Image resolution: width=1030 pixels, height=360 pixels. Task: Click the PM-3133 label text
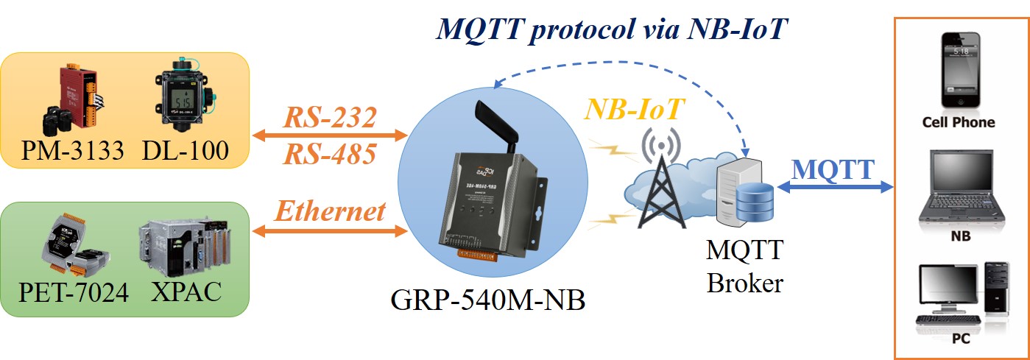click(x=73, y=151)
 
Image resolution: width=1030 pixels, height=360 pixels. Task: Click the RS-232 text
click(x=330, y=117)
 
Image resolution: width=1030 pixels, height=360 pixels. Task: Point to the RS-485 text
click(x=330, y=154)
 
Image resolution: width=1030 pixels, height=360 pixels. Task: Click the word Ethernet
click(x=330, y=211)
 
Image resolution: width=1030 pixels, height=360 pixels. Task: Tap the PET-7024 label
click(x=74, y=292)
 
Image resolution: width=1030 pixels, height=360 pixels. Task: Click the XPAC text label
click(x=186, y=292)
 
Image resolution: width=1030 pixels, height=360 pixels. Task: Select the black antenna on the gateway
click(x=498, y=127)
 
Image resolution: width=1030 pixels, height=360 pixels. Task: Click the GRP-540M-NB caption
click(x=487, y=300)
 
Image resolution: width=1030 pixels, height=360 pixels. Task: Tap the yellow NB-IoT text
click(x=634, y=110)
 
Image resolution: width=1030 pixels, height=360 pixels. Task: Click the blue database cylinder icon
click(x=755, y=202)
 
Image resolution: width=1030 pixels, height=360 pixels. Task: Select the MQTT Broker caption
click(x=744, y=267)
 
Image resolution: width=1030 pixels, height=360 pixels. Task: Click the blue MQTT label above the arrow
click(x=832, y=169)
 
